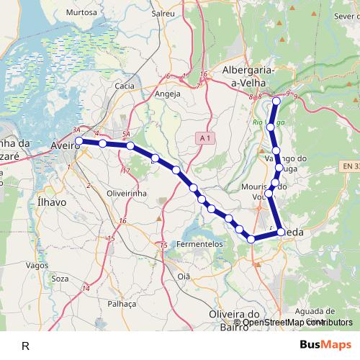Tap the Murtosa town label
(x=81, y=13)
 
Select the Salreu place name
(x=163, y=13)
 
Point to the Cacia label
(x=125, y=86)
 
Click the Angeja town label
(x=168, y=94)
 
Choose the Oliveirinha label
(x=127, y=194)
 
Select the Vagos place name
(x=37, y=265)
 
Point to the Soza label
(x=60, y=279)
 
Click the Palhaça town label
(x=121, y=304)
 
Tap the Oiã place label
(x=184, y=276)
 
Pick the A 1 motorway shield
(x=205, y=138)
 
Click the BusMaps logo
(x=325, y=345)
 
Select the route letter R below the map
(x=25, y=346)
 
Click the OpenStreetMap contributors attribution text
(x=292, y=323)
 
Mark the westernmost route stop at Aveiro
(x=79, y=141)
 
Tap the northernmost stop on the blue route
(x=276, y=101)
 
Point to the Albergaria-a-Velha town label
(x=249, y=76)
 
